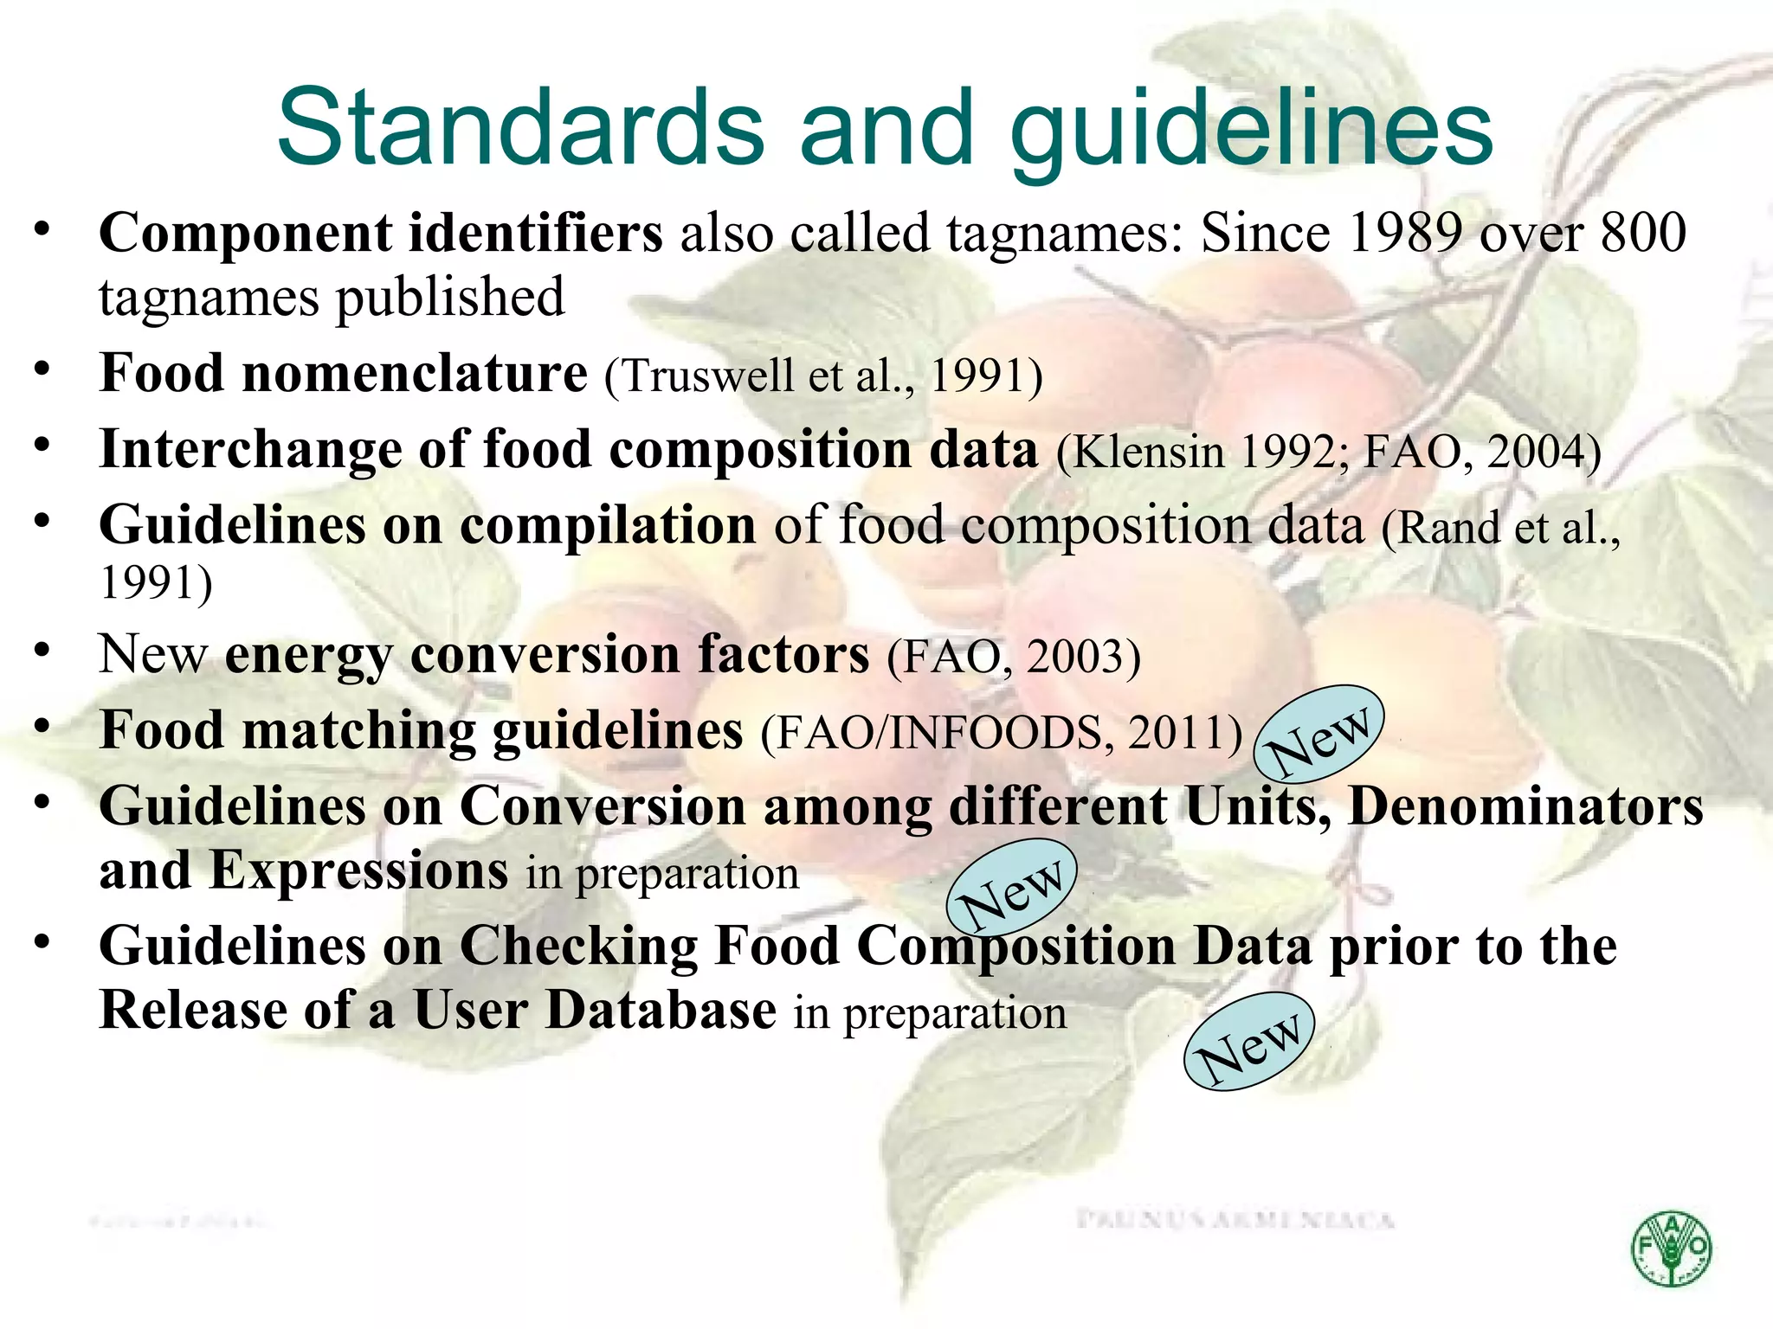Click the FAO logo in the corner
click(x=1671, y=1249)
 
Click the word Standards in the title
click(x=520, y=127)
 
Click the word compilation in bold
click(x=608, y=525)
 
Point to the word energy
click(x=308, y=655)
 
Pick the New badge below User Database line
click(x=1249, y=1041)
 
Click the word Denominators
click(x=1525, y=806)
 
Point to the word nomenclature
click(x=415, y=374)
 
